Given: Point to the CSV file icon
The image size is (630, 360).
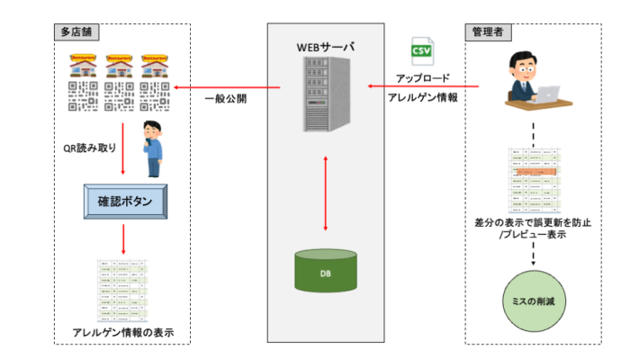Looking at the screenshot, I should (421, 50).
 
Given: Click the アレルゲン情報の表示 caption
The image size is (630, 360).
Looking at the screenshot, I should (123, 333).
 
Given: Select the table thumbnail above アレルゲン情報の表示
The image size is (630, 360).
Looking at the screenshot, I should (123, 290).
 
